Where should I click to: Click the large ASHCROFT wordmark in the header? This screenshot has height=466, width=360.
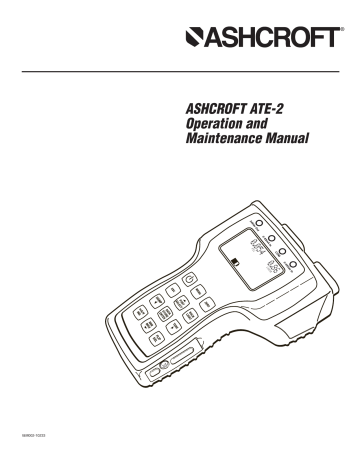(x=264, y=40)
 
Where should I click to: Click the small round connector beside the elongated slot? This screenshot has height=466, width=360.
(x=157, y=371)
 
